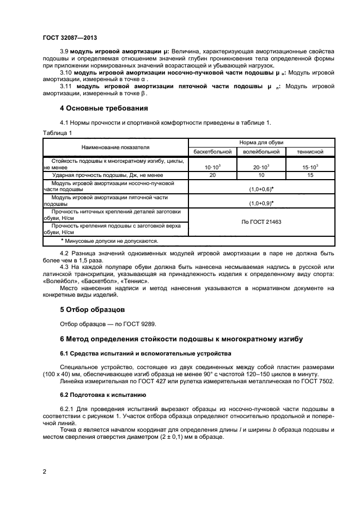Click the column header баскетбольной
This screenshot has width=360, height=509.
coord(212,151)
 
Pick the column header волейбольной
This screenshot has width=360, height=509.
coord(261,151)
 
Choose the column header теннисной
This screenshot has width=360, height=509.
coord(310,151)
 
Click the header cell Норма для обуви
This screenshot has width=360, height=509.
coord(261,142)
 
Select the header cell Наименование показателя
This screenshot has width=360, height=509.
coord(115,147)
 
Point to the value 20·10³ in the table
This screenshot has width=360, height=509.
coord(261,165)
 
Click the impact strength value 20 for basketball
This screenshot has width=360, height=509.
coord(212,175)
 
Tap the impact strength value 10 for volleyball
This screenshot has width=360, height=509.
coord(261,175)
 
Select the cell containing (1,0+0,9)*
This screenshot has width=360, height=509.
coord(261,203)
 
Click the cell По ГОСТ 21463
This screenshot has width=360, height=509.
coord(261,222)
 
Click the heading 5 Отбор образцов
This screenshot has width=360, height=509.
coord(93,310)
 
